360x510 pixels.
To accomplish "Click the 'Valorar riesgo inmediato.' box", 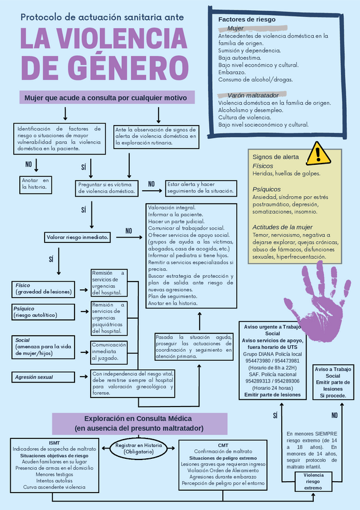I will pyautogui.click(x=78, y=237).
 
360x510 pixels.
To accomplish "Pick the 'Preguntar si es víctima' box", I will pyautogui.click(x=106, y=187).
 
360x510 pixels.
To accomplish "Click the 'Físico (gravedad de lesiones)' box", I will pyautogui.click(x=44, y=289).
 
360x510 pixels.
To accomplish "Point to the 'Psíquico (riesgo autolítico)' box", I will pyautogui.click(x=44, y=312).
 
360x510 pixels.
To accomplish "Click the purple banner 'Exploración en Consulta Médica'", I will pyautogui.click(x=138, y=423).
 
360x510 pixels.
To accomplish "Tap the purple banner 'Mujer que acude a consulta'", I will pyautogui.click(x=105, y=97).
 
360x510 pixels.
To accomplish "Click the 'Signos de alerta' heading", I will pyautogui.click(x=276, y=156).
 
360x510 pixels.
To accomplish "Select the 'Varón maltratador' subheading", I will pyautogui.click(x=252, y=96).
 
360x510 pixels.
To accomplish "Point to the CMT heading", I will pyautogui.click(x=223, y=444).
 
